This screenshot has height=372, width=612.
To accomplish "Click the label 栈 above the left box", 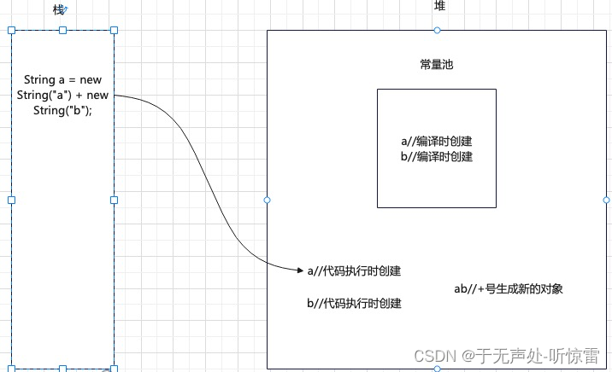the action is (x=58, y=9).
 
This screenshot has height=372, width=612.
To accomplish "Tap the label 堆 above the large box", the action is (x=439, y=6).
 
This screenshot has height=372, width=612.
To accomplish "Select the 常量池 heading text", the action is (x=437, y=64).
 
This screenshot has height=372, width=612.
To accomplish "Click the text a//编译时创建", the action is (x=437, y=142).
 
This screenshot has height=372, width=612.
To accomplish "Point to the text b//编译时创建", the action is (x=437, y=157).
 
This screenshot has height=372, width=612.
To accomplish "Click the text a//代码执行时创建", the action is (x=355, y=271).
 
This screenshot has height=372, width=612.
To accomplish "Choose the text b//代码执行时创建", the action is (x=355, y=303).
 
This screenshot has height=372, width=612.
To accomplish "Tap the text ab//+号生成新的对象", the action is (x=509, y=289).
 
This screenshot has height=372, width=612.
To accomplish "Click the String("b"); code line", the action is (x=62, y=110).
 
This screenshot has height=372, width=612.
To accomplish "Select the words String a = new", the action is (x=62, y=80).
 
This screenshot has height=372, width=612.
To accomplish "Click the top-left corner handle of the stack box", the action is (x=11, y=30).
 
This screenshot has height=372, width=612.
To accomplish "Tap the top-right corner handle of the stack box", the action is (x=114, y=30).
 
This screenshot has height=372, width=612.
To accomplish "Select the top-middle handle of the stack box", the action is (x=62, y=30).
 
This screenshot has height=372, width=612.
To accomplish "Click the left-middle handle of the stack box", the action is (x=11, y=200).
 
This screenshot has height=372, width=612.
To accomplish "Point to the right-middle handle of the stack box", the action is (x=114, y=200).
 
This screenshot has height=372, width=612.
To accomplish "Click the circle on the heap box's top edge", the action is (x=437, y=31).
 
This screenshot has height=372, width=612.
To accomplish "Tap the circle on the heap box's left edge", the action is (x=267, y=200).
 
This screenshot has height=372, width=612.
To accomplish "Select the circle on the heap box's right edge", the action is (x=607, y=200).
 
